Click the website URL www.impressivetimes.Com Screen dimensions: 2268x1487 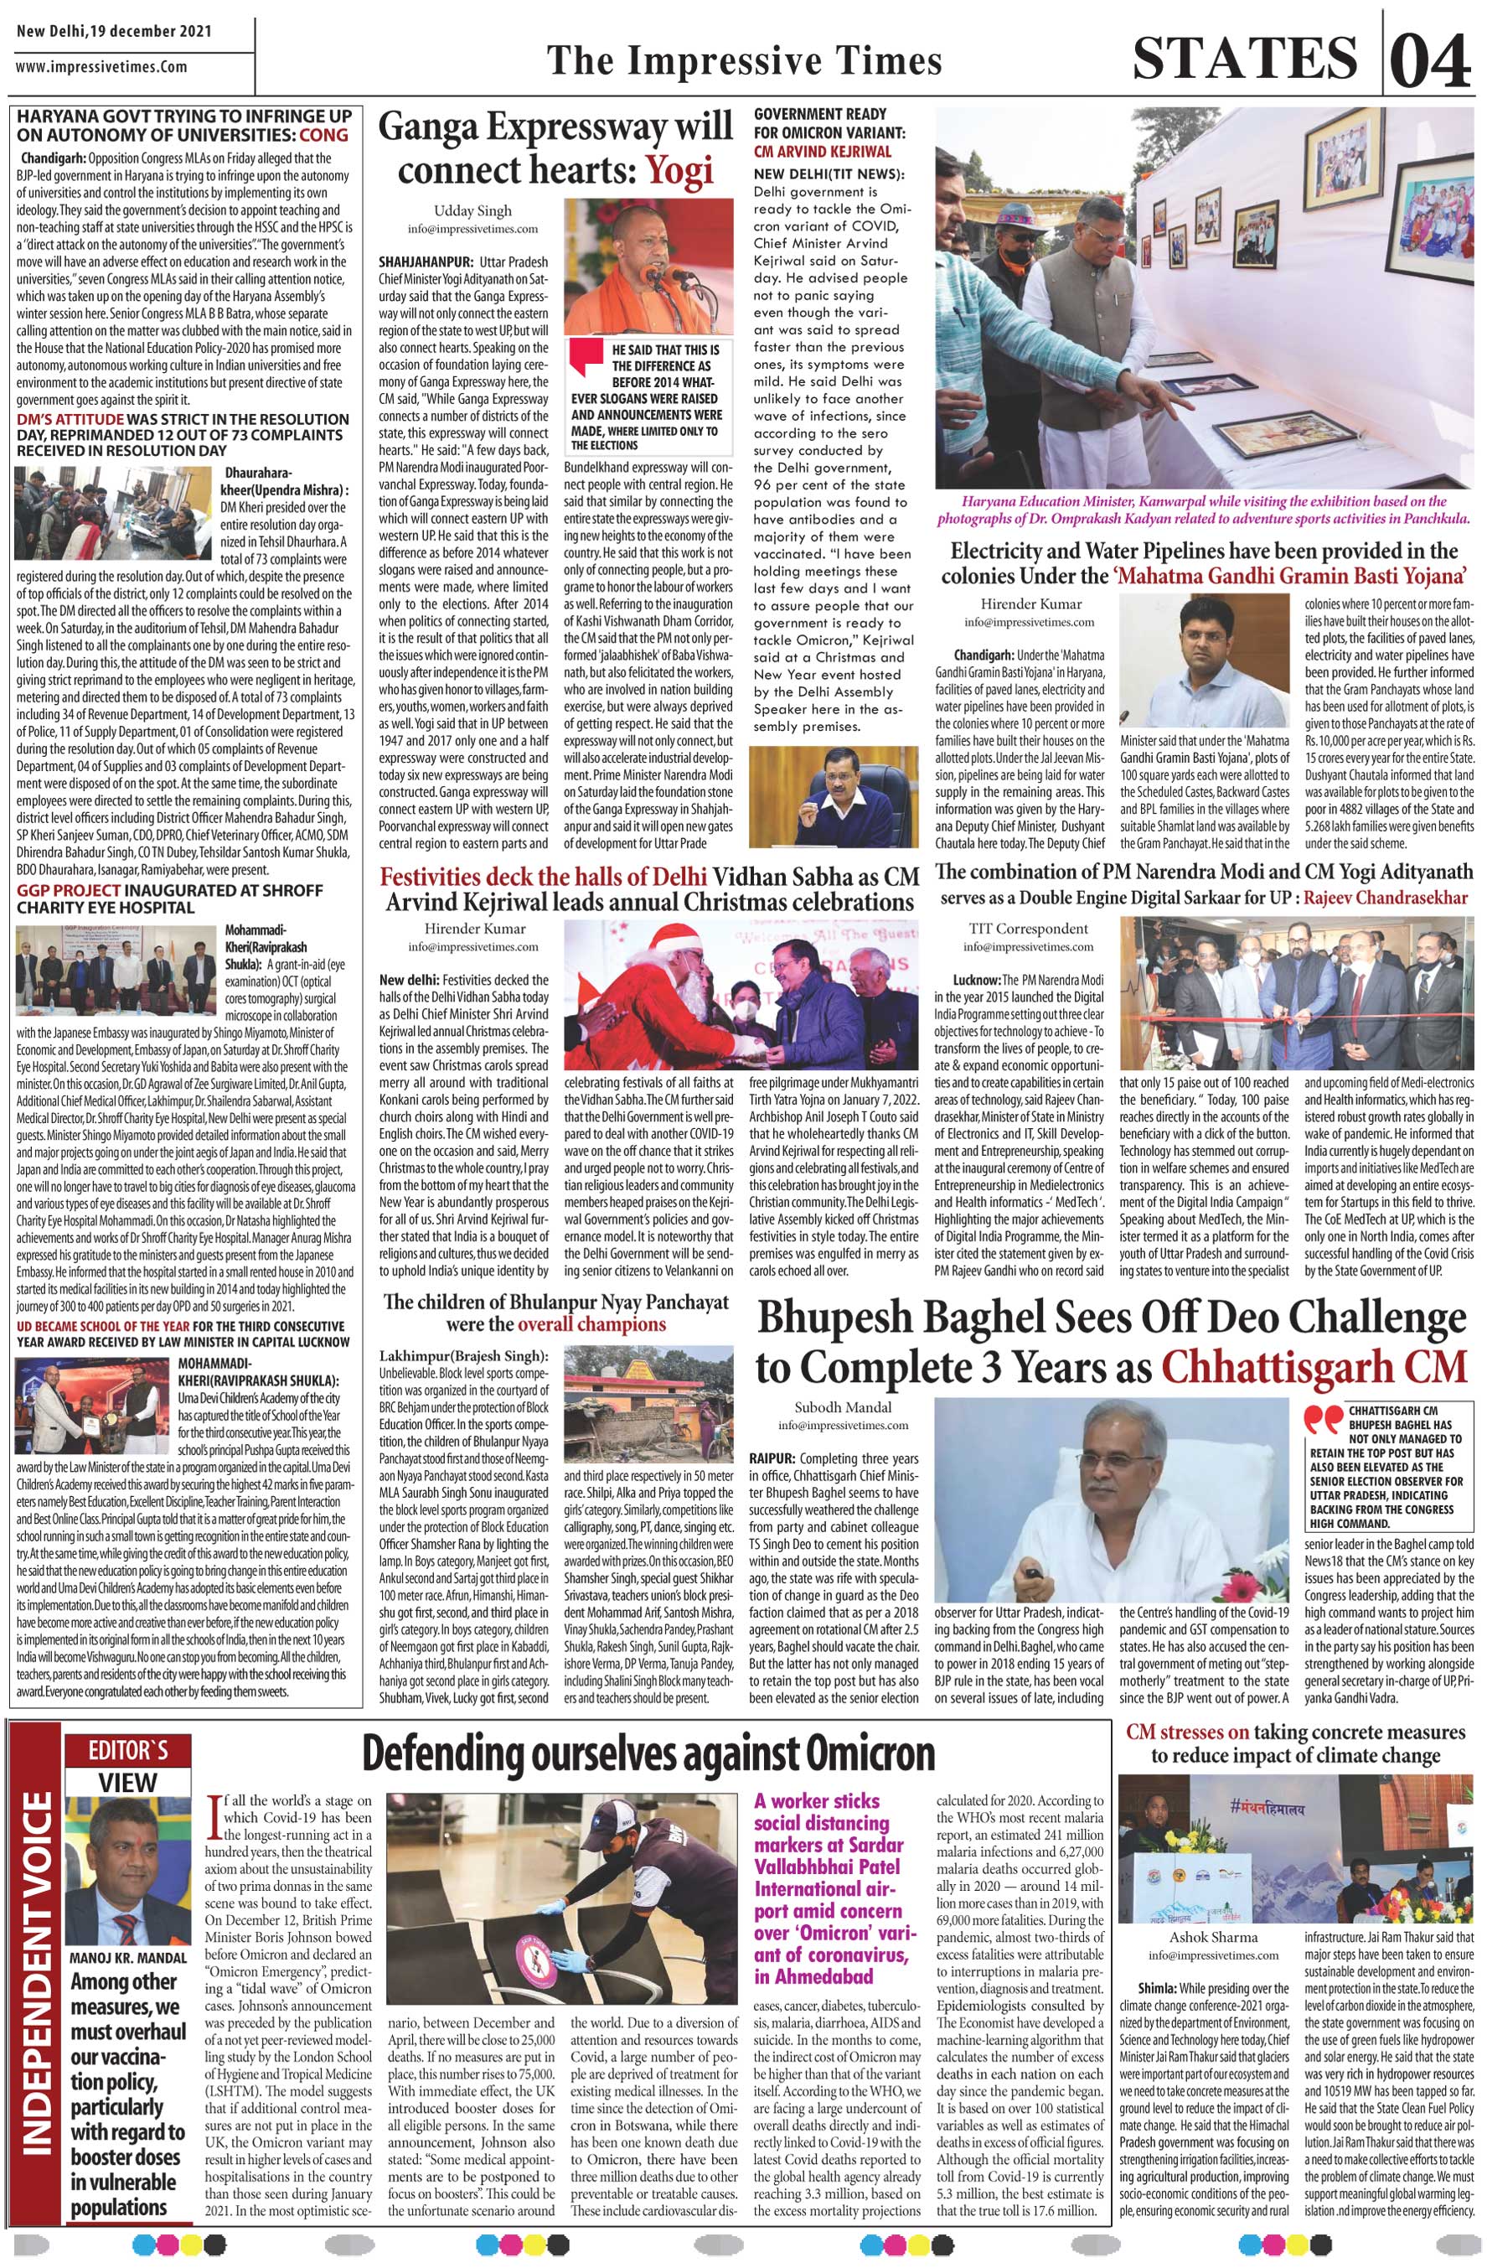[102, 68]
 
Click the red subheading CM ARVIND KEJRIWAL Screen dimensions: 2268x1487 [822, 152]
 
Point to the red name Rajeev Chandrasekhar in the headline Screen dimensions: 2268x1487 [1386, 898]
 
